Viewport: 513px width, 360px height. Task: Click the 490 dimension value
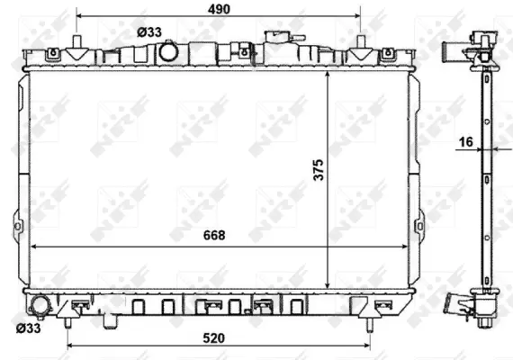click(x=218, y=9)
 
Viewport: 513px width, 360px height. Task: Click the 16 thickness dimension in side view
click(x=465, y=140)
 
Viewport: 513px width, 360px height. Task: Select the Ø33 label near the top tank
click(x=149, y=31)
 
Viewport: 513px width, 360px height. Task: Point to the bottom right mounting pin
click(x=370, y=321)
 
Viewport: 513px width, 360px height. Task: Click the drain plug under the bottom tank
click(x=112, y=318)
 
